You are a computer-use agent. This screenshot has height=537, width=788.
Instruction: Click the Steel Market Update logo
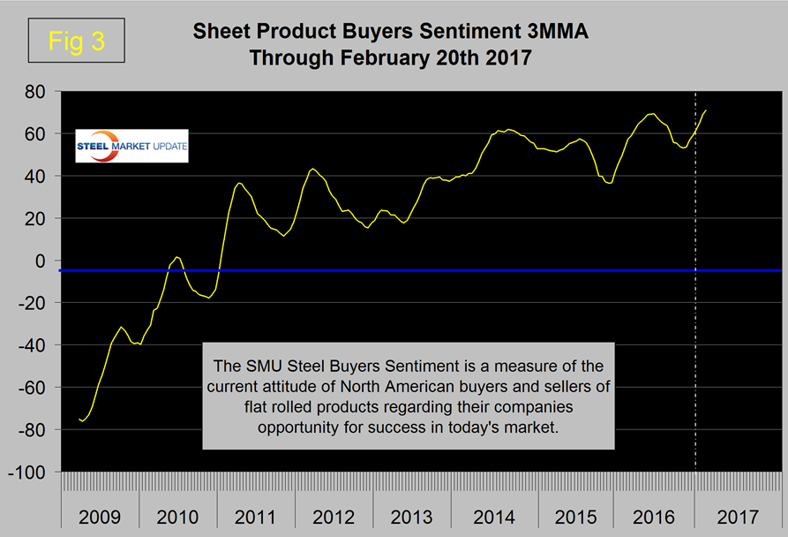tap(131, 147)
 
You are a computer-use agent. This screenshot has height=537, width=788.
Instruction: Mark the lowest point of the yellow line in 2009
tap(83, 421)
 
